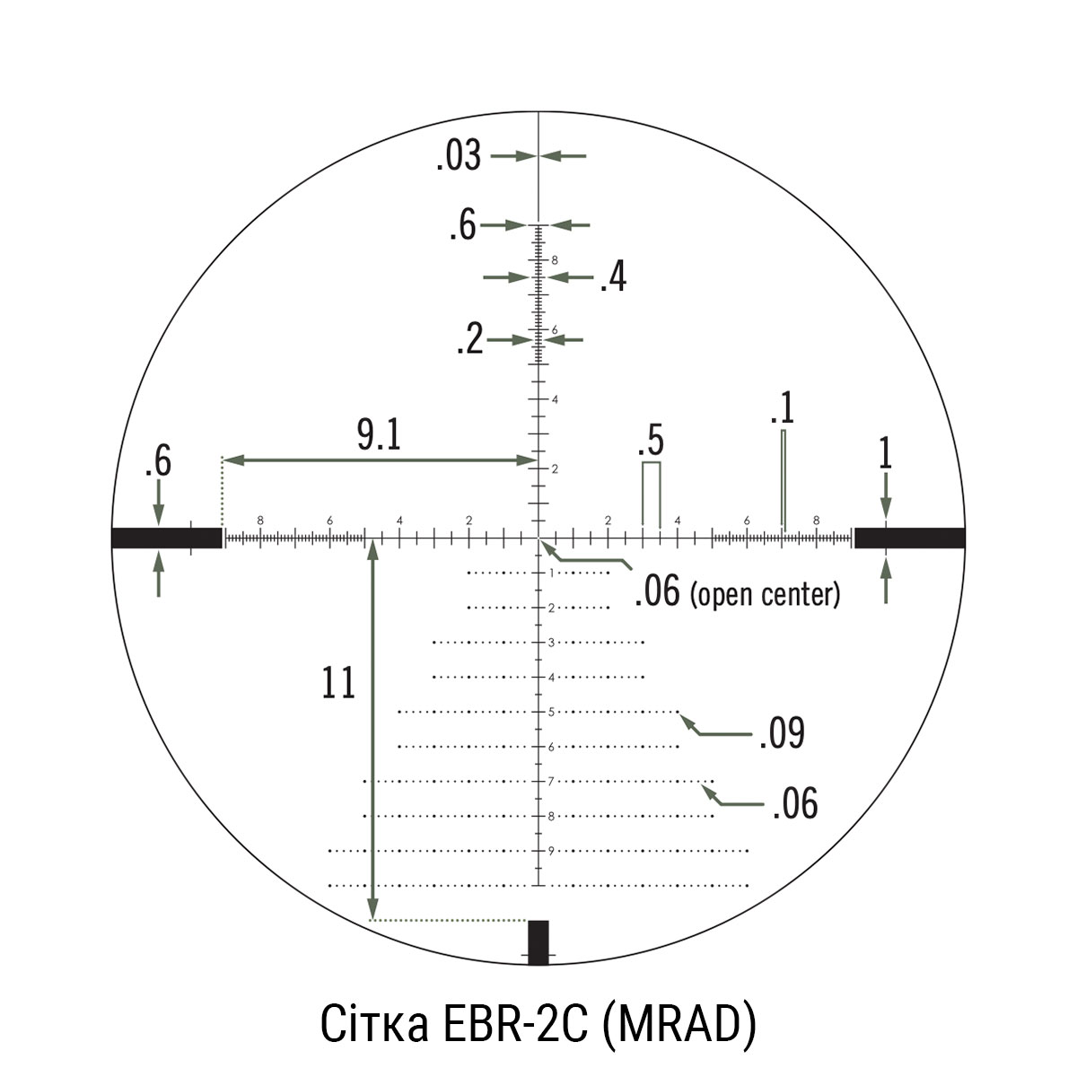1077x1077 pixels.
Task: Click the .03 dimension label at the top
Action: [459, 156]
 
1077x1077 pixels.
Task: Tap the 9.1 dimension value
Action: [379, 435]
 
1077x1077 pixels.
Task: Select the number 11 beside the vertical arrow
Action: [338, 683]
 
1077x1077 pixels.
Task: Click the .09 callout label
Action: [783, 732]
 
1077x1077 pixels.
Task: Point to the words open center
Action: [766, 595]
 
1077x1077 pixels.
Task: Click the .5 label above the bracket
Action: [651, 441]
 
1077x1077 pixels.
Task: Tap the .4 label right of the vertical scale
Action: [613, 277]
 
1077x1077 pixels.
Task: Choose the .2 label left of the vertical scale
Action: [470, 339]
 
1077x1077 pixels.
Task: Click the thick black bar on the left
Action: [167, 538]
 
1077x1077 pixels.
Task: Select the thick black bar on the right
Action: [910, 538]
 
